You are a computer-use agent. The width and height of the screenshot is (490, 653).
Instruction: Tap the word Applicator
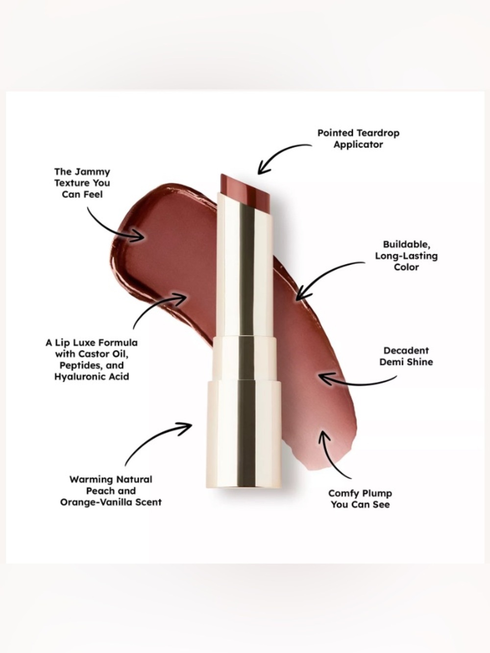click(x=358, y=145)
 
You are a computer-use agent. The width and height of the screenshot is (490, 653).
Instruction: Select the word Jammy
click(x=92, y=172)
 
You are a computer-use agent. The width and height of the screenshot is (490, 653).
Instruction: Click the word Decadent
click(x=406, y=350)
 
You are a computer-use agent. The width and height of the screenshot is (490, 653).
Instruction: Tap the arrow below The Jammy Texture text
click(x=109, y=227)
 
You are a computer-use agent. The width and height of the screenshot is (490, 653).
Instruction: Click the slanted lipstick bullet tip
click(x=245, y=189)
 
